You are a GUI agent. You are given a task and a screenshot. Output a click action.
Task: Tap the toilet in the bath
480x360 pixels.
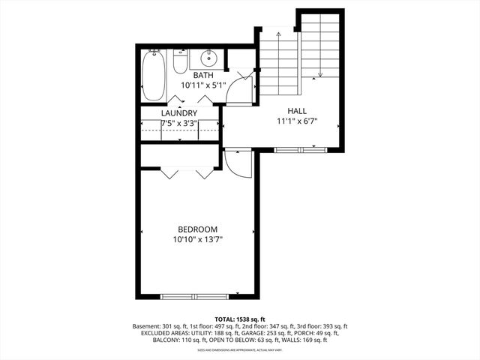(180, 61)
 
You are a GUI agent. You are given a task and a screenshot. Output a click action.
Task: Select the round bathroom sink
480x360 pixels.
(208, 58)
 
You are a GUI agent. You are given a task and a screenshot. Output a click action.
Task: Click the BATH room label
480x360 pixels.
(203, 76)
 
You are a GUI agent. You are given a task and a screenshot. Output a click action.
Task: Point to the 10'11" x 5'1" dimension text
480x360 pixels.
(203, 85)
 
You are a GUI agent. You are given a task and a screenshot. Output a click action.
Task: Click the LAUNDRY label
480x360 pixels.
(179, 113)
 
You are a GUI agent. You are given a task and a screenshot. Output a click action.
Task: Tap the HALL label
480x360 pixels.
(297, 110)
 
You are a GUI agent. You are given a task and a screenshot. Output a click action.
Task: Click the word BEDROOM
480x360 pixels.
(197, 229)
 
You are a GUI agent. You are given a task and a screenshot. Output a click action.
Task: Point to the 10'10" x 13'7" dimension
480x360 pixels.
(197, 240)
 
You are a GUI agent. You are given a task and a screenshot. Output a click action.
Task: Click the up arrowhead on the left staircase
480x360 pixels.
(279, 34)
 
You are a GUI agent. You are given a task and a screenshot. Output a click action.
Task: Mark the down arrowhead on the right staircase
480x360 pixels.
(320, 74)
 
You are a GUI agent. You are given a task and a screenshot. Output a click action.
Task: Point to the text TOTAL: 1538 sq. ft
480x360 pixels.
(240, 319)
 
